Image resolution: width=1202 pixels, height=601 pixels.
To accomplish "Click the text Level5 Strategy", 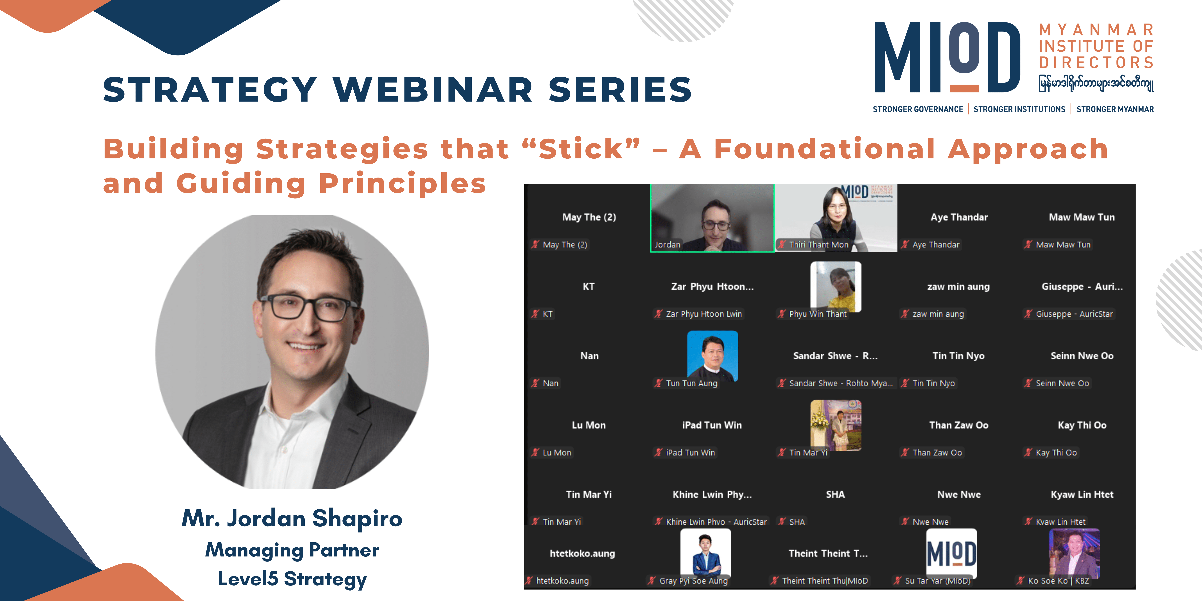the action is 292,579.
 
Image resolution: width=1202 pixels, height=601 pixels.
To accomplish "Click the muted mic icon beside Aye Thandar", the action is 905,245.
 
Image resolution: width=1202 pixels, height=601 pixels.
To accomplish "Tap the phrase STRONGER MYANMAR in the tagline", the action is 1115,109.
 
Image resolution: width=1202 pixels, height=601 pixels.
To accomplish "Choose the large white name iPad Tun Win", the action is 712,425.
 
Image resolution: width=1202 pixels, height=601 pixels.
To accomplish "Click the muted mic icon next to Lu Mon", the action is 535,452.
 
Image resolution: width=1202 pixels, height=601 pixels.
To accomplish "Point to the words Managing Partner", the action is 292,550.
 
